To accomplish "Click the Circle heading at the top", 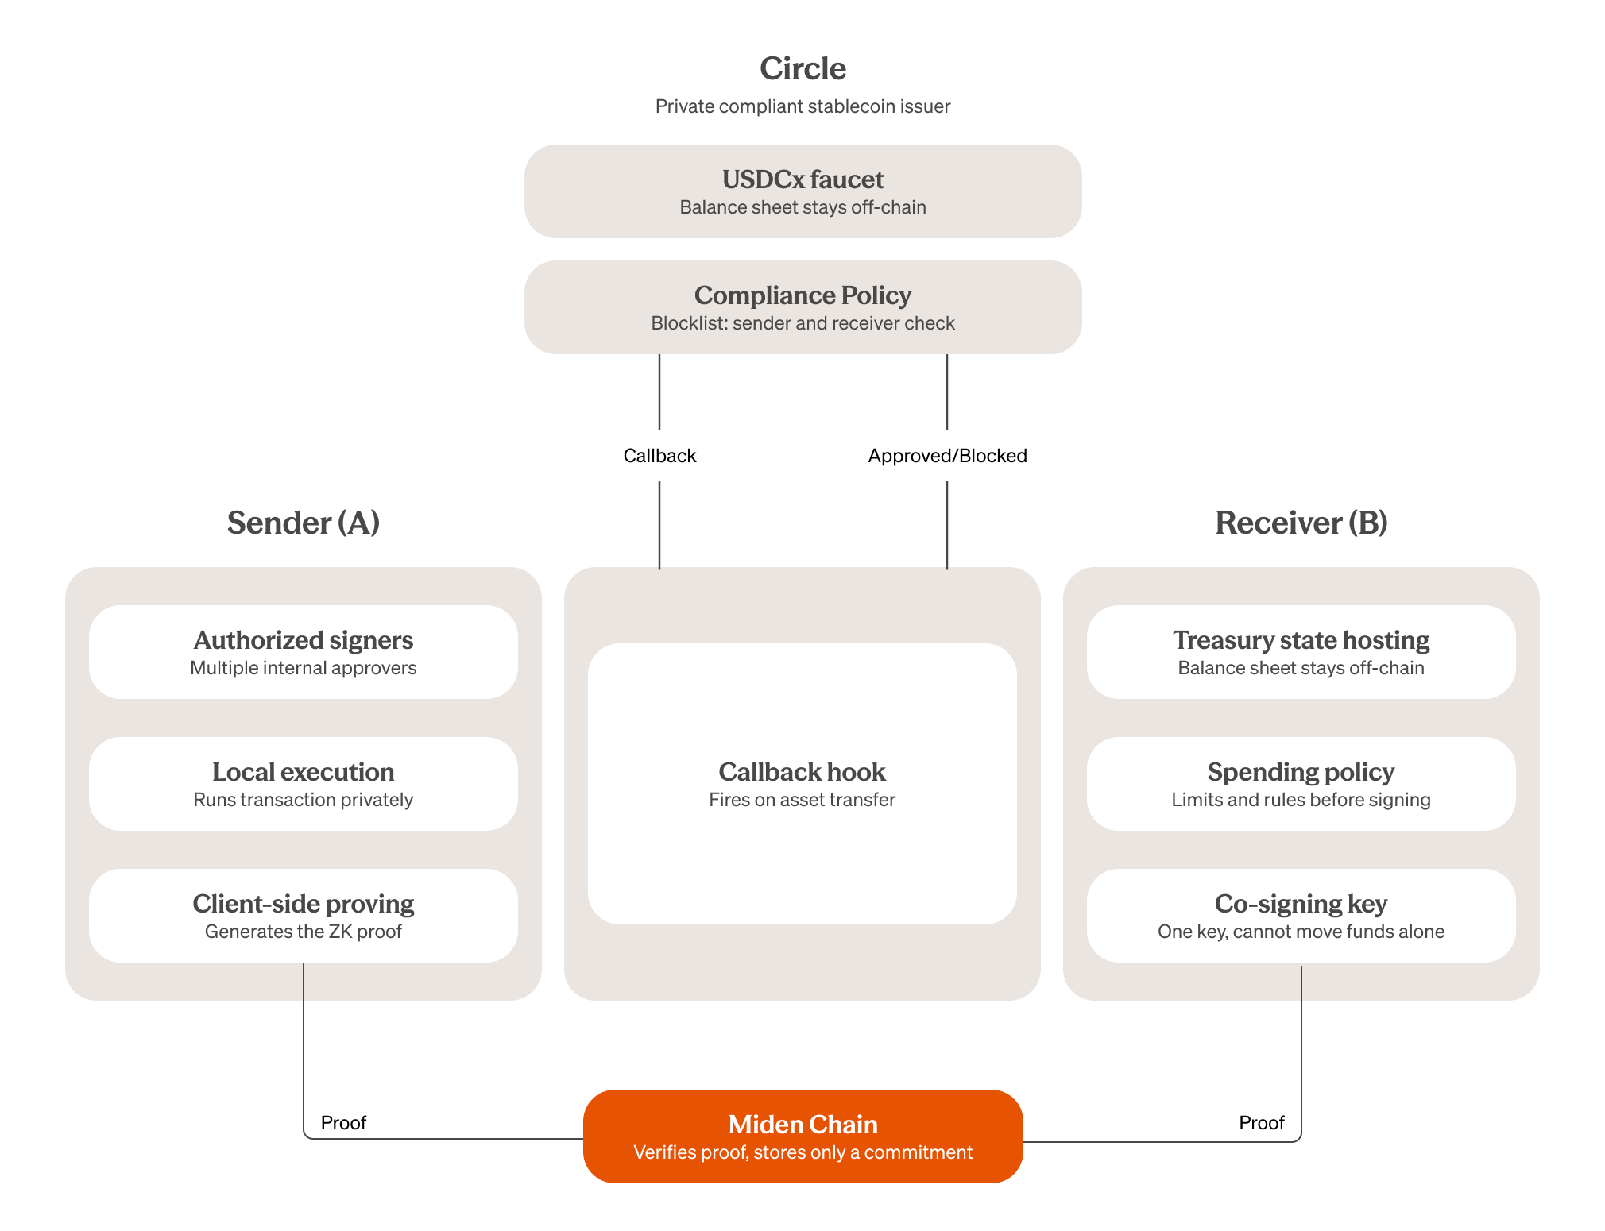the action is pyautogui.click(x=802, y=68).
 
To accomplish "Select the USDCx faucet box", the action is pyautogui.click(x=802, y=191).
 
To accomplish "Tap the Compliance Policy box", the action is pyautogui.click(x=802, y=307).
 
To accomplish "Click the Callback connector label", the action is pyautogui.click(x=659, y=456).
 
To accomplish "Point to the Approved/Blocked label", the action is pyautogui.click(x=947, y=456).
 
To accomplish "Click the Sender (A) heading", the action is pyautogui.click(x=304, y=523).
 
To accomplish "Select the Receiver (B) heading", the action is pyautogui.click(x=1301, y=523).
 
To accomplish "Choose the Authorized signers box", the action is pyautogui.click(x=304, y=652).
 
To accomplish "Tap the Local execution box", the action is pyautogui.click(x=304, y=784).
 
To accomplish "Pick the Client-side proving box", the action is pyautogui.click(x=304, y=916).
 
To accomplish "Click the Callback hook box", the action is pyautogui.click(x=802, y=784).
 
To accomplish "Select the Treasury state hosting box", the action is pyautogui.click(x=1301, y=652).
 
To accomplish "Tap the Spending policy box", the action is pyautogui.click(x=1301, y=784).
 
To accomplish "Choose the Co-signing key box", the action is pyautogui.click(x=1301, y=916).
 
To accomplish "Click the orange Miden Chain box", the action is pyautogui.click(x=802, y=1136).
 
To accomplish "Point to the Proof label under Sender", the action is pyautogui.click(x=343, y=1123).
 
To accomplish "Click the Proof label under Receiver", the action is pyautogui.click(x=1262, y=1123).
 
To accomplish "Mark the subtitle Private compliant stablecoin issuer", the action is pyautogui.click(x=802, y=106).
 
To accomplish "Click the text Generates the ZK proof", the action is pyautogui.click(x=304, y=932).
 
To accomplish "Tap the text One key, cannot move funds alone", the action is pyautogui.click(x=1301, y=932).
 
